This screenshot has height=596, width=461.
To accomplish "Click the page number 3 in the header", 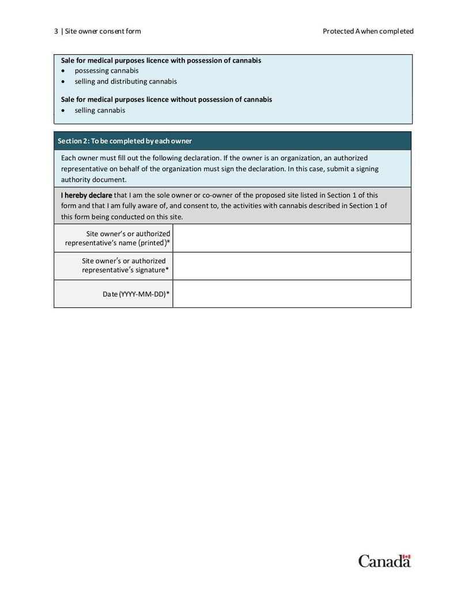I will pyautogui.click(x=56, y=31).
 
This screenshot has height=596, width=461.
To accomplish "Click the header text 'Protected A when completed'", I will pyautogui.click(x=368, y=31).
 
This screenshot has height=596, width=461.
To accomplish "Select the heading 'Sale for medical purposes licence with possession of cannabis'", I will pyautogui.click(x=161, y=60).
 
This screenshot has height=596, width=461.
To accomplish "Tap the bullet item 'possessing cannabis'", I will pyautogui.click(x=107, y=71).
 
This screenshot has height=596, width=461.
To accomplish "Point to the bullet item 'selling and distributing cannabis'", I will pyautogui.click(x=126, y=81).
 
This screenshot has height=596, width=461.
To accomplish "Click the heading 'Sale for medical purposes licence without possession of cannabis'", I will pyautogui.click(x=167, y=100).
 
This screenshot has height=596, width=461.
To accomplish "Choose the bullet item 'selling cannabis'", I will pyautogui.click(x=100, y=110).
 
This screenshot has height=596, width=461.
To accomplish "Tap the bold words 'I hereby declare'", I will pyautogui.click(x=86, y=195).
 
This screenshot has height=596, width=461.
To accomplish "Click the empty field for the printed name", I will pyautogui.click(x=292, y=238).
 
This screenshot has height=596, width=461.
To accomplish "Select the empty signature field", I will pyautogui.click(x=292, y=266).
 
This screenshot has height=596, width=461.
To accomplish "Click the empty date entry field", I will pyautogui.click(x=292, y=294).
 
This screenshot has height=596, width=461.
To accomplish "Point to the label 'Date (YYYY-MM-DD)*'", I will pyautogui.click(x=136, y=294).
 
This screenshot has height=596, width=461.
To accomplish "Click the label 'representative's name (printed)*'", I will pyautogui.click(x=118, y=243).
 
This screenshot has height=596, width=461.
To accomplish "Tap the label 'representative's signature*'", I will pyautogui.click(x=126, y=270).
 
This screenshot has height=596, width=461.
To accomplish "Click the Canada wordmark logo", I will pyautogui.click(x=383, y=561).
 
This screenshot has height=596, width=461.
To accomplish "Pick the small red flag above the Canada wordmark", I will pyautogui.click(x=406, y=557).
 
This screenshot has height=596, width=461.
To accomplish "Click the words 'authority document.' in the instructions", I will pyautogui.click(x=93, y=180).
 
